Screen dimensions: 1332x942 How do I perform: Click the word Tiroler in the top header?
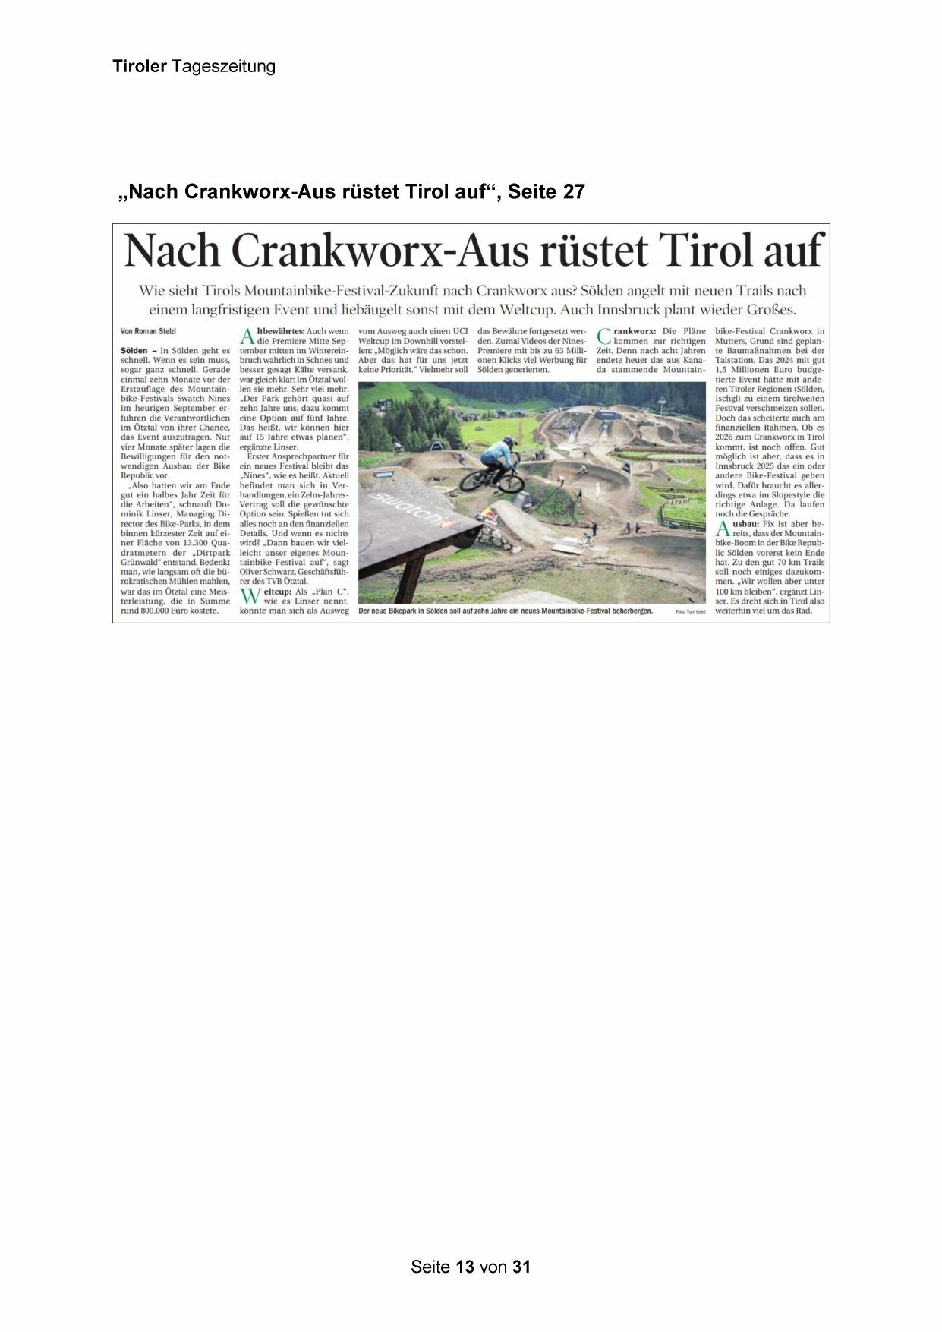click(x=140, y=66)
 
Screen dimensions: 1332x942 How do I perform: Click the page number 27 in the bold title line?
click(x=573, y=192)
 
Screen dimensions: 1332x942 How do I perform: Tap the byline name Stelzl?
click(x=167, y=331)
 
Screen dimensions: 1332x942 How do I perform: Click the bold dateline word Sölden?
click(x=134, y=351)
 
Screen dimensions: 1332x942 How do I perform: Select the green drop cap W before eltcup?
click(x=250, y=596)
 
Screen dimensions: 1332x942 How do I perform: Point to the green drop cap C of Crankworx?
click(x=604, y=336)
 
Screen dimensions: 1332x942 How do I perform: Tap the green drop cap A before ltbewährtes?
click(x=247, y=336)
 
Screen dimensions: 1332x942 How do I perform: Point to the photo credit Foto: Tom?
click(x=690, y=611)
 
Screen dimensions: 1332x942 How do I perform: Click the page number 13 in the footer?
click(x=465, y=1267)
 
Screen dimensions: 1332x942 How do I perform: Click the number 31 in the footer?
click(x=521, y=1267)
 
